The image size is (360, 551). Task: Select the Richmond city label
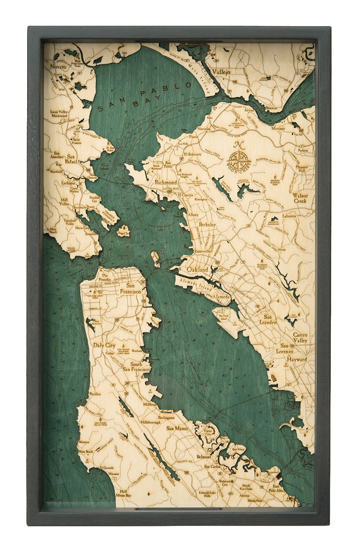pos(166,183)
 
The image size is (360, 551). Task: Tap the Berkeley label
pos(207,225)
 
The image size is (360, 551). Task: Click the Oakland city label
pos(197,269)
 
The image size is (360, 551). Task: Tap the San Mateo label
pos(177,429)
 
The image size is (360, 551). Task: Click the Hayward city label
pos(297,359)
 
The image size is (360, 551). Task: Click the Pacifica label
pos(95,394)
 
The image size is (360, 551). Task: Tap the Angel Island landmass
pos(123,231)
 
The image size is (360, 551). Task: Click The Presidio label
pos(105,275)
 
